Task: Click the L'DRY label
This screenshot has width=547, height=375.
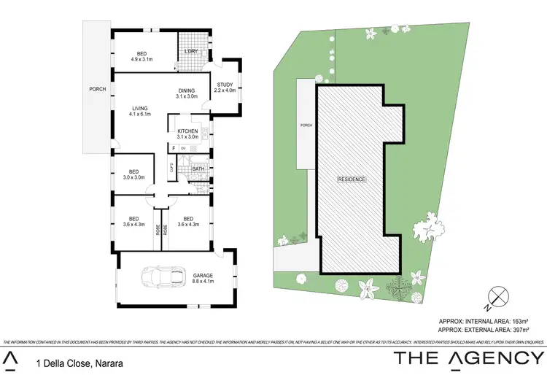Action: [x=191, y=51]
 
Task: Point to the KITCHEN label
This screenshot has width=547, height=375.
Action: [x=188, y=131]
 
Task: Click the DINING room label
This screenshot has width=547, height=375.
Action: [x=187, y=90]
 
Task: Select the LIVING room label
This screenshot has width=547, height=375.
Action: [x=139, y=109]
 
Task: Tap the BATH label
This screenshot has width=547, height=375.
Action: [x=197, y=169]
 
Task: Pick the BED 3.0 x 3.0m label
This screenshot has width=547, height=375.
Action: [x=133, y=172]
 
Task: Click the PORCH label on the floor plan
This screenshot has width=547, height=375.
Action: [x=97, y=89]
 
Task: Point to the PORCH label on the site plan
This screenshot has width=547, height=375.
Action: [x=307, y=125]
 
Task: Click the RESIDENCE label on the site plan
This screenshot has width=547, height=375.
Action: [x=351, y=179]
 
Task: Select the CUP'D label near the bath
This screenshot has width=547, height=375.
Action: [x=171, y=168]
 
